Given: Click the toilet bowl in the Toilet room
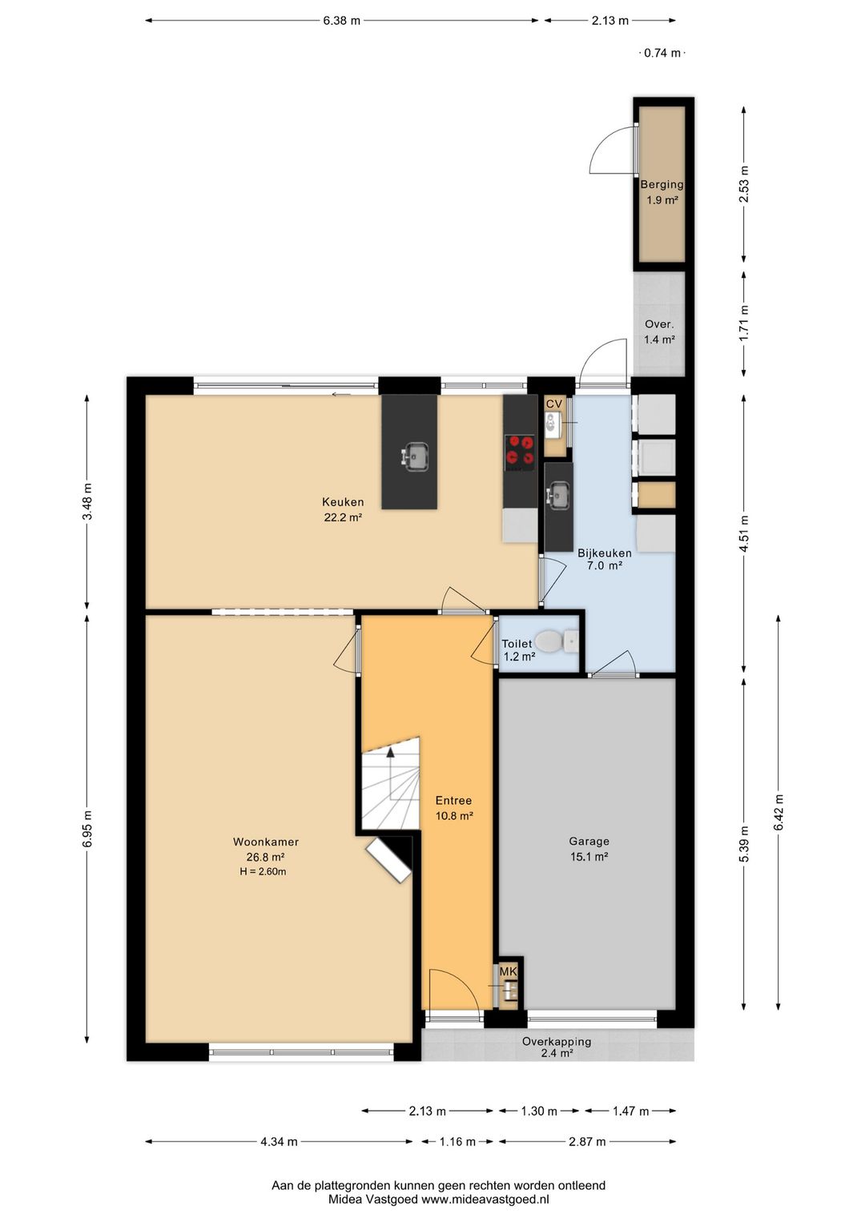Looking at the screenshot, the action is tap(547, 642).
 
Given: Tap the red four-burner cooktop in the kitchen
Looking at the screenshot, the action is tap(520, 452).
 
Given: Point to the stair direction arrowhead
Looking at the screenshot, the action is tap(390, 752).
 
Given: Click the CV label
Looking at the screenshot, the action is tap(554, 404).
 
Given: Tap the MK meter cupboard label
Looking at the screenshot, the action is tap(508, 971).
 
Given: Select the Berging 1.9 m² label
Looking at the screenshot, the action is tap(662, 192).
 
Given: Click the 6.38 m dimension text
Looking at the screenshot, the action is tap(342, 21).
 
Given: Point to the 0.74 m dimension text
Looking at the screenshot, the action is tap(662, 53).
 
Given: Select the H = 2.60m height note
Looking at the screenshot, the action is tap(263, 872).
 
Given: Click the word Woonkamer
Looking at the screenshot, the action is tap(266, 842).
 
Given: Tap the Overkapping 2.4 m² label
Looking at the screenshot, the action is tap(557, 1047).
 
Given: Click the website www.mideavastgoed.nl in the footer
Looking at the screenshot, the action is tap(485, 1199).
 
